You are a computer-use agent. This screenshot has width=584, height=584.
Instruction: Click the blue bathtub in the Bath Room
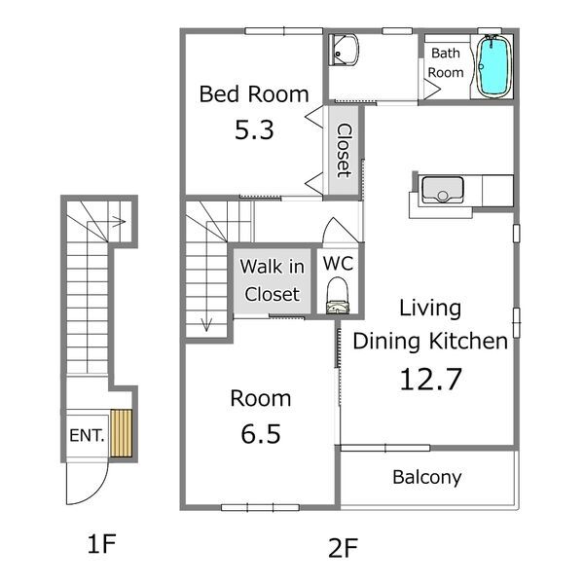click(x=493, y=66)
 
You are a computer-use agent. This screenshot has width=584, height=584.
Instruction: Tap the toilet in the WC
click(x=338, y=296)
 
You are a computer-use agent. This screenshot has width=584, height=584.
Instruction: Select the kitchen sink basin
click(x=443, y=189)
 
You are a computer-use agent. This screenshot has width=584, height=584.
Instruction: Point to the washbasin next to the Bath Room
click(x=344, y=50)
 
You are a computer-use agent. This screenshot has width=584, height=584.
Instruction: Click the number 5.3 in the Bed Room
click(x=254, y=130)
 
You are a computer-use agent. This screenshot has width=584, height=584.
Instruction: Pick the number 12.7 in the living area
click(x=430, y=379)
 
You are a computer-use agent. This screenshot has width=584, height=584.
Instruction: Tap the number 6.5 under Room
click(x=261, y=434)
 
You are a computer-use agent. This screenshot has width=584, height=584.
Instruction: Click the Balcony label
click(x=427, y=477)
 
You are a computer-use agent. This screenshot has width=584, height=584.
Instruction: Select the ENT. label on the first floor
click(x=87, y=435)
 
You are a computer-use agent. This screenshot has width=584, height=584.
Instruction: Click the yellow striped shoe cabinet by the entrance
click(x=121, y=433)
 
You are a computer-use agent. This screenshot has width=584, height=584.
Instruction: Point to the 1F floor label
click(x=101, y=543)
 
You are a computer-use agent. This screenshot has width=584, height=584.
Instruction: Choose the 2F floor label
click(x=343, y=548)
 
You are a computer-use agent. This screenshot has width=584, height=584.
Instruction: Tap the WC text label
click(x=338, y=264)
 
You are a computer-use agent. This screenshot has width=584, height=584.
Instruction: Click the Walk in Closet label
click(x=273, y=280)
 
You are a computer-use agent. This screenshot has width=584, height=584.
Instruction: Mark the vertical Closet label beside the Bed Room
click(x=344, y=151)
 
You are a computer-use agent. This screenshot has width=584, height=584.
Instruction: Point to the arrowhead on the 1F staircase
click(x=120, y=222)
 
